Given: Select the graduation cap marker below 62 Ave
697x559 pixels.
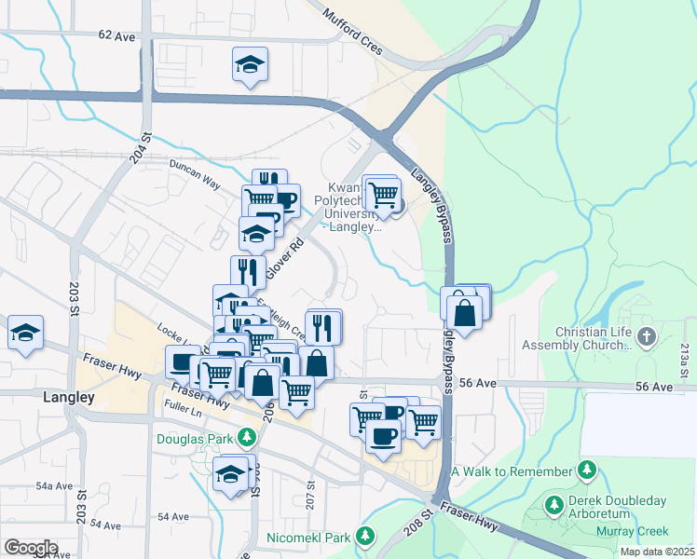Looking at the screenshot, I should click(250, 64).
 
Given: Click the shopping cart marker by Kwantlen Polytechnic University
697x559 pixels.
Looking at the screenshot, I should click(383, 195).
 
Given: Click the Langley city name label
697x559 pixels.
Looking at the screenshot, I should click(70, 397).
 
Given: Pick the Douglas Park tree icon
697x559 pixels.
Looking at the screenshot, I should click(247, 436).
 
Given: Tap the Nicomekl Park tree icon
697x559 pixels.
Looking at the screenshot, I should click(366, 537).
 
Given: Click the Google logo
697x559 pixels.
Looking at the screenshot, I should click(31, 547).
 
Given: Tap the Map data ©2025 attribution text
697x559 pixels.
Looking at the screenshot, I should click(656, 552).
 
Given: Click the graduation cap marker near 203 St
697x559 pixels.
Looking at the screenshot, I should click(25, 333).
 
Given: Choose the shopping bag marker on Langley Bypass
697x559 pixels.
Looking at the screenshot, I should click(465, 310).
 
